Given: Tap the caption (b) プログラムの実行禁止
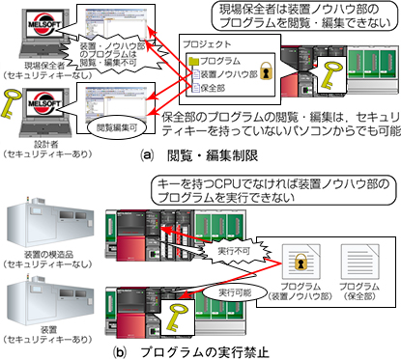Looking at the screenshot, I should [198, 347].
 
